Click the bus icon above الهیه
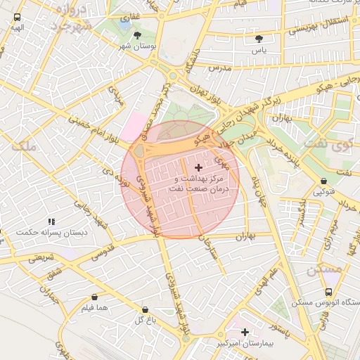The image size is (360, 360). pos(17,18)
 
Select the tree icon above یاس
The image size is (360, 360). pos(260,39)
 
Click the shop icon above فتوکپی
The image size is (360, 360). pos(323,181)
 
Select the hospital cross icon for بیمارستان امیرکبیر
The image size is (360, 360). pos(245,332)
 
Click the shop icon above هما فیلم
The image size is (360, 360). pos(94,297)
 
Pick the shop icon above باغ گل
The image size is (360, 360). pos(145,310)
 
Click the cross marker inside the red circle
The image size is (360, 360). pos(198,167)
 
